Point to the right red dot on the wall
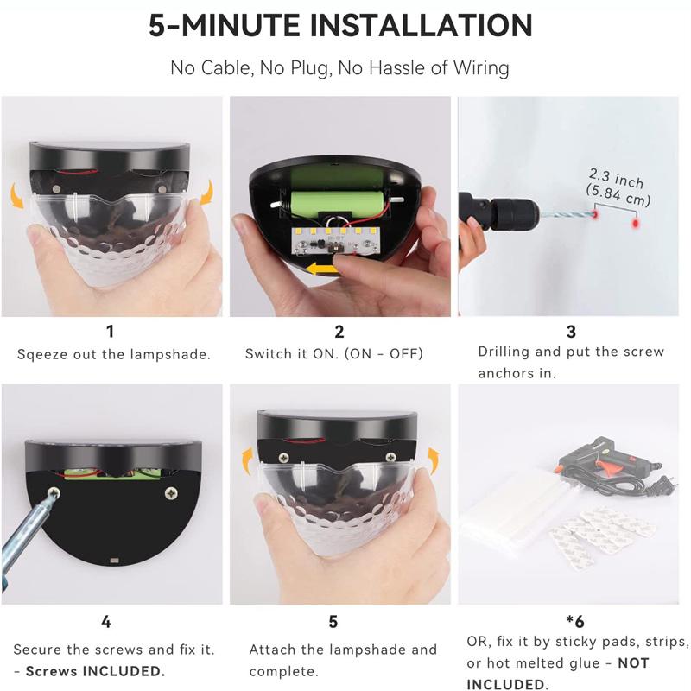(x=635, y=223)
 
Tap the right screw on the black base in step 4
(x=170, y=495)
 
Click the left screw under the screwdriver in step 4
(x=53, y=495)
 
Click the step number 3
(x=571, y=332)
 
